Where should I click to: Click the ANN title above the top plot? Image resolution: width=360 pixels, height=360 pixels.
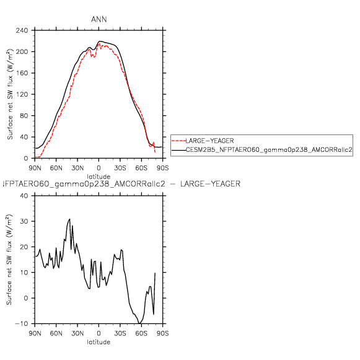(x=99, y=19)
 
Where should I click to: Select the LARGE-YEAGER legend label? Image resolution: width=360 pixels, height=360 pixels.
(x=209, y=141)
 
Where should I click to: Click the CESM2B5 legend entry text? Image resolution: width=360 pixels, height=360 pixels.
(x=269, y=150)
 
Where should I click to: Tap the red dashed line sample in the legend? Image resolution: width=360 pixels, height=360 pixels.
(x=178, y=141)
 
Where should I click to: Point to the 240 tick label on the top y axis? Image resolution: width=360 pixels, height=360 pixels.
(x=22, y=30)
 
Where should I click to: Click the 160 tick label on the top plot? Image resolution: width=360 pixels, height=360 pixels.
(x=22, y=73)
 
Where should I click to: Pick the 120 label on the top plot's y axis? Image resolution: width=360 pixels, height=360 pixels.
(x=22, y=94)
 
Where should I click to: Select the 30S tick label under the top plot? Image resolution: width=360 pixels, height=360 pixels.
(x=120, y=168)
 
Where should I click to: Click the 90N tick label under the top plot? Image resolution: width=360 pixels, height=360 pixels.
(x=35, y=168)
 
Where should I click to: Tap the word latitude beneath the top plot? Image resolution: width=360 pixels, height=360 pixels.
(x=99, y=177)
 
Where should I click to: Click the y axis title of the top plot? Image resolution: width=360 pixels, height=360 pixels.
(x=10, y=94)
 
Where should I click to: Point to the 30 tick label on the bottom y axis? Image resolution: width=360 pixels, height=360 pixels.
(x=24, y=221)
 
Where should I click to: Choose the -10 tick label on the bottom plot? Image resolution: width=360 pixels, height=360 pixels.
(x=22, y=323)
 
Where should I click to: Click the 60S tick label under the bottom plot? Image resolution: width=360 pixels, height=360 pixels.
(x=141, y=333)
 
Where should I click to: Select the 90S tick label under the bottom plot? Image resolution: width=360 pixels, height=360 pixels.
(x=162, y=333)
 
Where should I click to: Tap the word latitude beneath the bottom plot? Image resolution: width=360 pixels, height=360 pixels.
(x=99, y=342)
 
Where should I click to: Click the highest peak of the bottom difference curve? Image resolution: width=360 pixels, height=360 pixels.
(x=69, y=219)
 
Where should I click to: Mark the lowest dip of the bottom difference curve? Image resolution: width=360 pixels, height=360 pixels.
(x=139, y=323)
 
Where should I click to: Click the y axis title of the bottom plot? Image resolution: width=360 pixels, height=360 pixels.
(x=9, y=260)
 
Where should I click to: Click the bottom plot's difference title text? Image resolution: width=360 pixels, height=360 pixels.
(x=121, y=184)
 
